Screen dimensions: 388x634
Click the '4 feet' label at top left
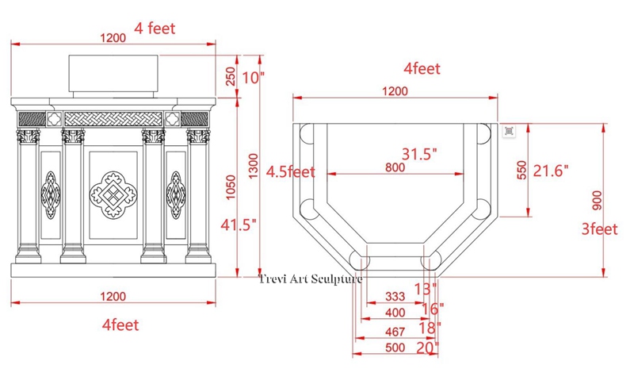coord(155,29)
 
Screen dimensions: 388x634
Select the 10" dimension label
coord(253,78)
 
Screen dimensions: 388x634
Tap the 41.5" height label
coord(238,225)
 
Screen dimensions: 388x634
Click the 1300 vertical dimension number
coord(251,165)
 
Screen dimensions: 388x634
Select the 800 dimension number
coord(395,167)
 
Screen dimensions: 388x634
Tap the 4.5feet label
coord(290,171)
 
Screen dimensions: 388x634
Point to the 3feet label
coord(598,230)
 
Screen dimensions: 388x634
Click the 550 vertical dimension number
coord(521,171)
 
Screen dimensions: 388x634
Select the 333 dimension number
coord(395,297)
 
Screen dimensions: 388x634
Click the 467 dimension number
coord(395,330)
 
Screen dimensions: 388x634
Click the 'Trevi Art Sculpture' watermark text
coord(311,278)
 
